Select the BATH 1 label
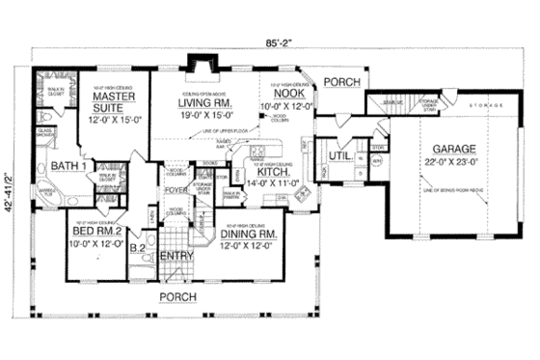[69, 166]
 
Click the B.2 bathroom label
[138, 247]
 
